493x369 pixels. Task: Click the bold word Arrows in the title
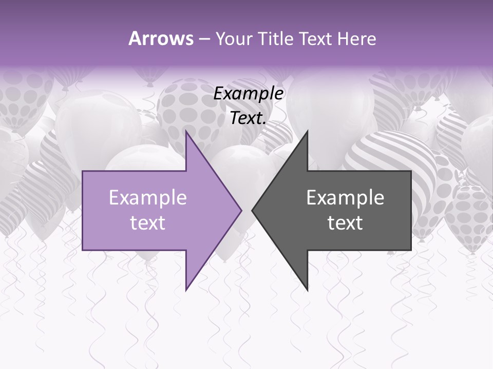coord(161,38)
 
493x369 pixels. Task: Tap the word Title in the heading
coord(275,38)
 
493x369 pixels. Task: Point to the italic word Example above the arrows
coord(249,93)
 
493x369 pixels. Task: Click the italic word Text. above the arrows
coord(249,118)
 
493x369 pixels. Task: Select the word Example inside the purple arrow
coord(148,198)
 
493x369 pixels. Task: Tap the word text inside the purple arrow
coord(148,222)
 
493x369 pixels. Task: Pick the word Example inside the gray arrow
coord(345,198)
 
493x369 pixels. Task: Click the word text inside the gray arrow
coord(345,222)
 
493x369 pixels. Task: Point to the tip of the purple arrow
coord(242,210)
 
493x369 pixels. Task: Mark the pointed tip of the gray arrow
coord(252,210)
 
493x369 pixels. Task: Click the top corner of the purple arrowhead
coord(186,131)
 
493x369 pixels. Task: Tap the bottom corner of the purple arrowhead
coord(186,291)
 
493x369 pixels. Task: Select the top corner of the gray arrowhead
coord(308,131)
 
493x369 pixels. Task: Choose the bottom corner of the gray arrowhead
coord(308,291)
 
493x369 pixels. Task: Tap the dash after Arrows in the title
coord(204,39)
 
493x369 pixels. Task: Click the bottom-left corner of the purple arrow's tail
coord(83,250)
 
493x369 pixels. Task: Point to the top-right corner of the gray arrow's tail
coord(411,171)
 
